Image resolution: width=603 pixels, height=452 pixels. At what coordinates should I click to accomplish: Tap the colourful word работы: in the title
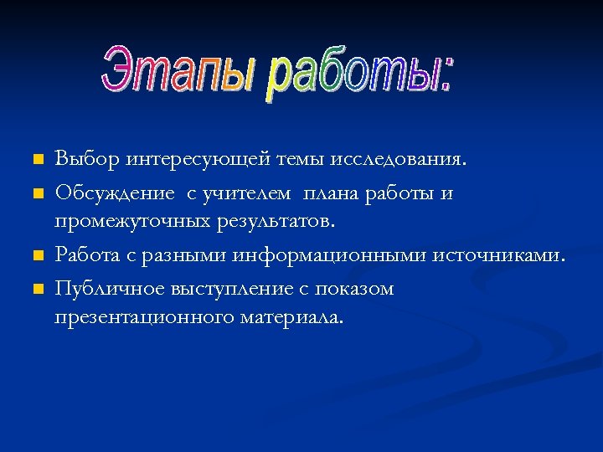coord(360,78)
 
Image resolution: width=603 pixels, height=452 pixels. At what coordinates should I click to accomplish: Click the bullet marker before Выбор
coord(36,159)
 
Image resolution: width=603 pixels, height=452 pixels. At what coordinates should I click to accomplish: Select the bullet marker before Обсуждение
coord(36,194)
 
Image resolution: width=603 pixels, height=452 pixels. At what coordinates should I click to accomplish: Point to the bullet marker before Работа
coord(36,255)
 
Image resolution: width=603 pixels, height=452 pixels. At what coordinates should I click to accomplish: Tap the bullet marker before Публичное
coord(36,290)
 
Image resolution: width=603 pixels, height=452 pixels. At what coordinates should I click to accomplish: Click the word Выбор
coord(88,159)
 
